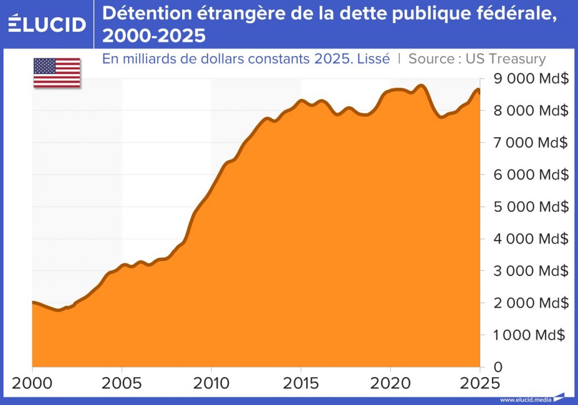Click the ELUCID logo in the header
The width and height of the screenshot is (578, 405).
(46, 24)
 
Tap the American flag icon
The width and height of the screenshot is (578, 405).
(57, 73)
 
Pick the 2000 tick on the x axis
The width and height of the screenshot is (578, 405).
(32, 382)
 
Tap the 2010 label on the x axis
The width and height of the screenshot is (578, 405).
(211, 382)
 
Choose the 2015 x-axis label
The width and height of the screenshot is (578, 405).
(301, 382)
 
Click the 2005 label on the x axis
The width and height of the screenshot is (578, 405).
(122, 382)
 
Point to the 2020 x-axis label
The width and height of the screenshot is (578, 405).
(390, 382)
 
